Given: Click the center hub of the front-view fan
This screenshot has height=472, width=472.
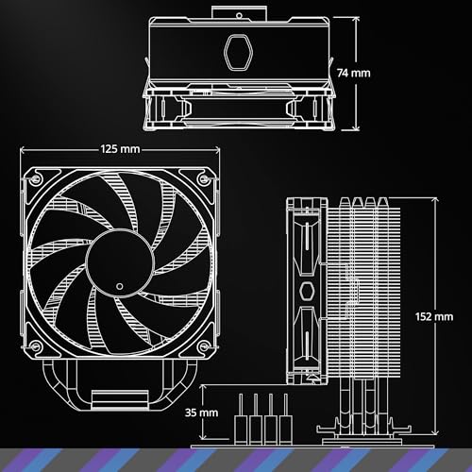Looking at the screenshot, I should [121, 265].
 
